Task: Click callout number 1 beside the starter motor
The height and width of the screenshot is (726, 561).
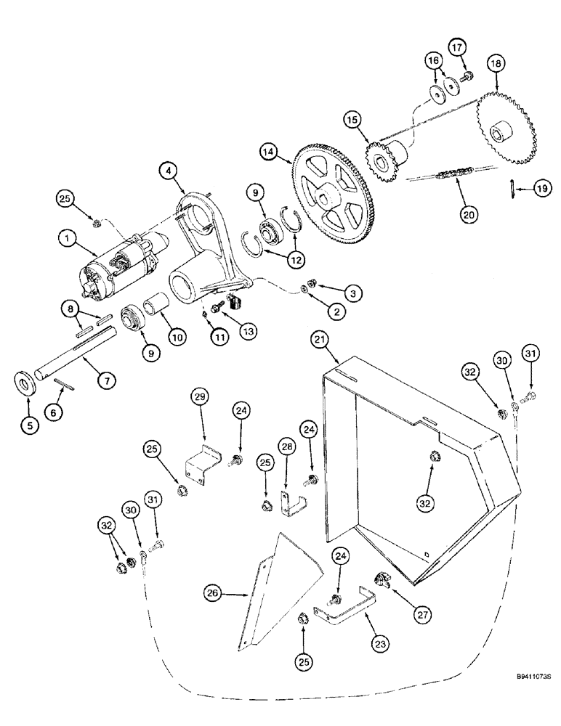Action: (68, 238)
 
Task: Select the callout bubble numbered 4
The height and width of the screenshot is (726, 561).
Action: (168, 173)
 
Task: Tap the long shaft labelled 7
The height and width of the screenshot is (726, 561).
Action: (80, 354)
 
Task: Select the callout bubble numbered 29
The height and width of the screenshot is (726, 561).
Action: (200, 397)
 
